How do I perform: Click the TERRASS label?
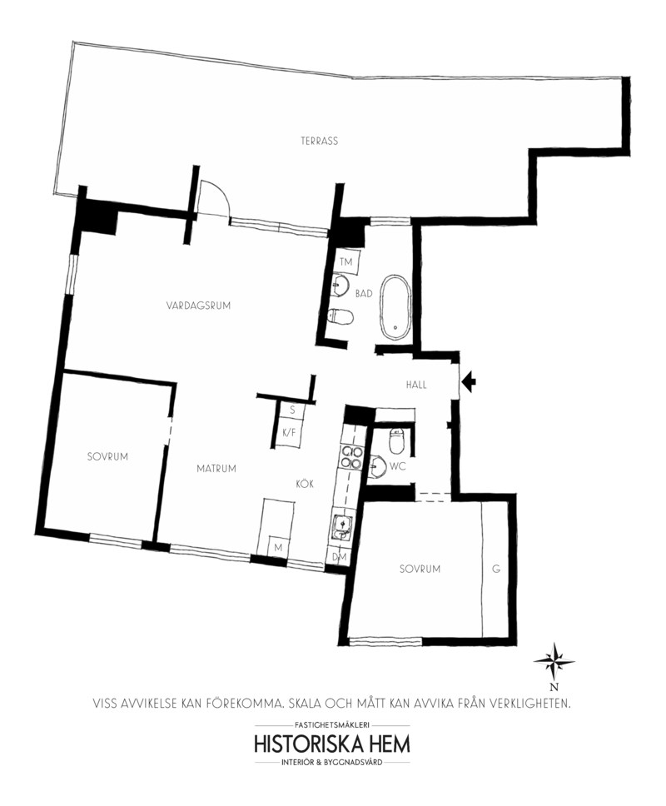(x=319, y=141)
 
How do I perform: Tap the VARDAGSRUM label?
(x=198, y=306)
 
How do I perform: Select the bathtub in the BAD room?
(x=395, y=307)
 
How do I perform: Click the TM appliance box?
(x=347, y=261)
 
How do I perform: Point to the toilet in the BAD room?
(x=340, y=316)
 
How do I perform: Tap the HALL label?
(x=416, y=385)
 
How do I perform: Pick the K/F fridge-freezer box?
(x=290, y=432)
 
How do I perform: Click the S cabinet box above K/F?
(x=291, y=410)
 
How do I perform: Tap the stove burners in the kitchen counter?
(x=350, y=457)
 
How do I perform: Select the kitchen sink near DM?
(x=342, y=527)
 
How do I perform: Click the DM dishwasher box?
(x=339, y=556)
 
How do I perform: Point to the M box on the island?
(x=278, y=547)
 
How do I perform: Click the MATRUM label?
(x=216, y=468)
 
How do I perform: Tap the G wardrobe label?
(x=496, y=569)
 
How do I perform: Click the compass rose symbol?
(x=554, y=662)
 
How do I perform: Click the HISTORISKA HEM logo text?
(x=332, y=744)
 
